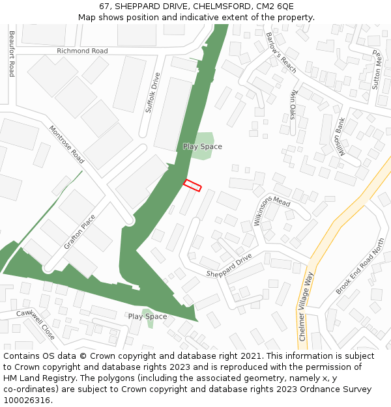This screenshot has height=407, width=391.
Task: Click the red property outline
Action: [x=192, y=185]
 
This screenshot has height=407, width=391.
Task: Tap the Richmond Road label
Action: [x=82, y=51]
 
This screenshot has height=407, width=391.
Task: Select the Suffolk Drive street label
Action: [x=152, y=92]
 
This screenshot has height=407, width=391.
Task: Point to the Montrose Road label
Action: [x=67, y=145]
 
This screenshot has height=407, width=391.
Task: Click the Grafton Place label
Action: [x=80, y=232]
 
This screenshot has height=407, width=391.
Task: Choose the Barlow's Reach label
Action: [x=281, y=52]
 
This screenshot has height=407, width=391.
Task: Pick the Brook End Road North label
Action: [x=360, y=266]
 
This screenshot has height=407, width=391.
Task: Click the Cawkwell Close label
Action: [x=36, y=324]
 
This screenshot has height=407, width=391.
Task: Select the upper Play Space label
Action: [x=202, y=147]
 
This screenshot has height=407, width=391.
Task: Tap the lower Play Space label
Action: [x=147, y=316]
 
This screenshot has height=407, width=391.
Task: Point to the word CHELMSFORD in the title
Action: [x=221, y=6]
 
